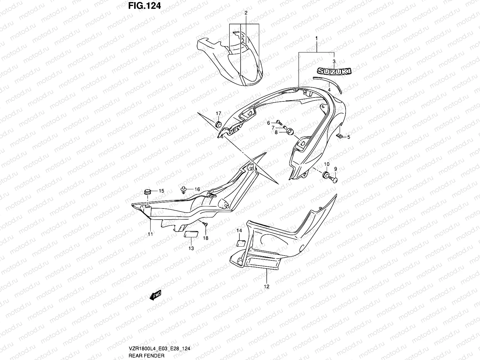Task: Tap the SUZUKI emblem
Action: [x=331, y=71]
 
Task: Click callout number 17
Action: [x=218, y=113]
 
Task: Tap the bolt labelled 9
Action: [x=333, y=179]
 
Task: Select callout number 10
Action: [x=327, y=164]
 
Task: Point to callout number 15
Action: [x=161, y=191]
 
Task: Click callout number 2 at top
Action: [x=246, y=13]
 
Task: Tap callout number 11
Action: [x=150, y=234]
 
